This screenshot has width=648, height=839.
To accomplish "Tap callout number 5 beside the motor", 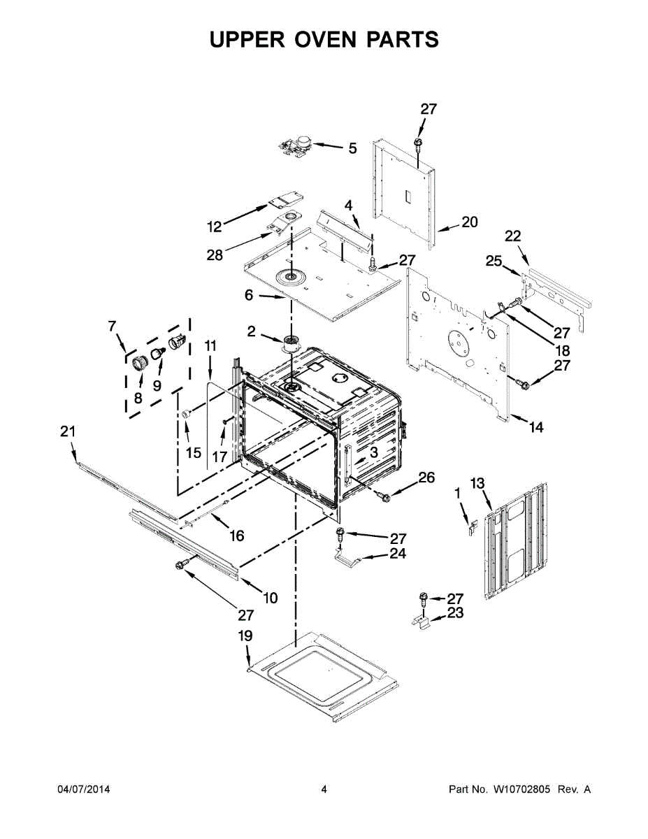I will (x=352, y=148).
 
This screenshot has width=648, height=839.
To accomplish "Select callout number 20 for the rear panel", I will (x=470, y=222).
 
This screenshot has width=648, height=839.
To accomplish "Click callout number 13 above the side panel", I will (x=477, y=482).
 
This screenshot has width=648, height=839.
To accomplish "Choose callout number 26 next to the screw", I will (x=426, y=478).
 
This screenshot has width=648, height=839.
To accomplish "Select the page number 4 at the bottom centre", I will (x=324, y=789).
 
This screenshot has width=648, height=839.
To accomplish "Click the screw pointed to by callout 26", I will (x=382, y=495).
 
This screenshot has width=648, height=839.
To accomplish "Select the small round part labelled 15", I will (x=187, y=415).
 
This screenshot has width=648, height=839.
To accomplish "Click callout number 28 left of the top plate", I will (x=215, y=255).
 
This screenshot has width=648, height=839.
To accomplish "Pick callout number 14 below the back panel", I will (x=535, y=427).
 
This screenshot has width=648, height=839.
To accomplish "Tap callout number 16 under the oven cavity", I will (x=237, y=536).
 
